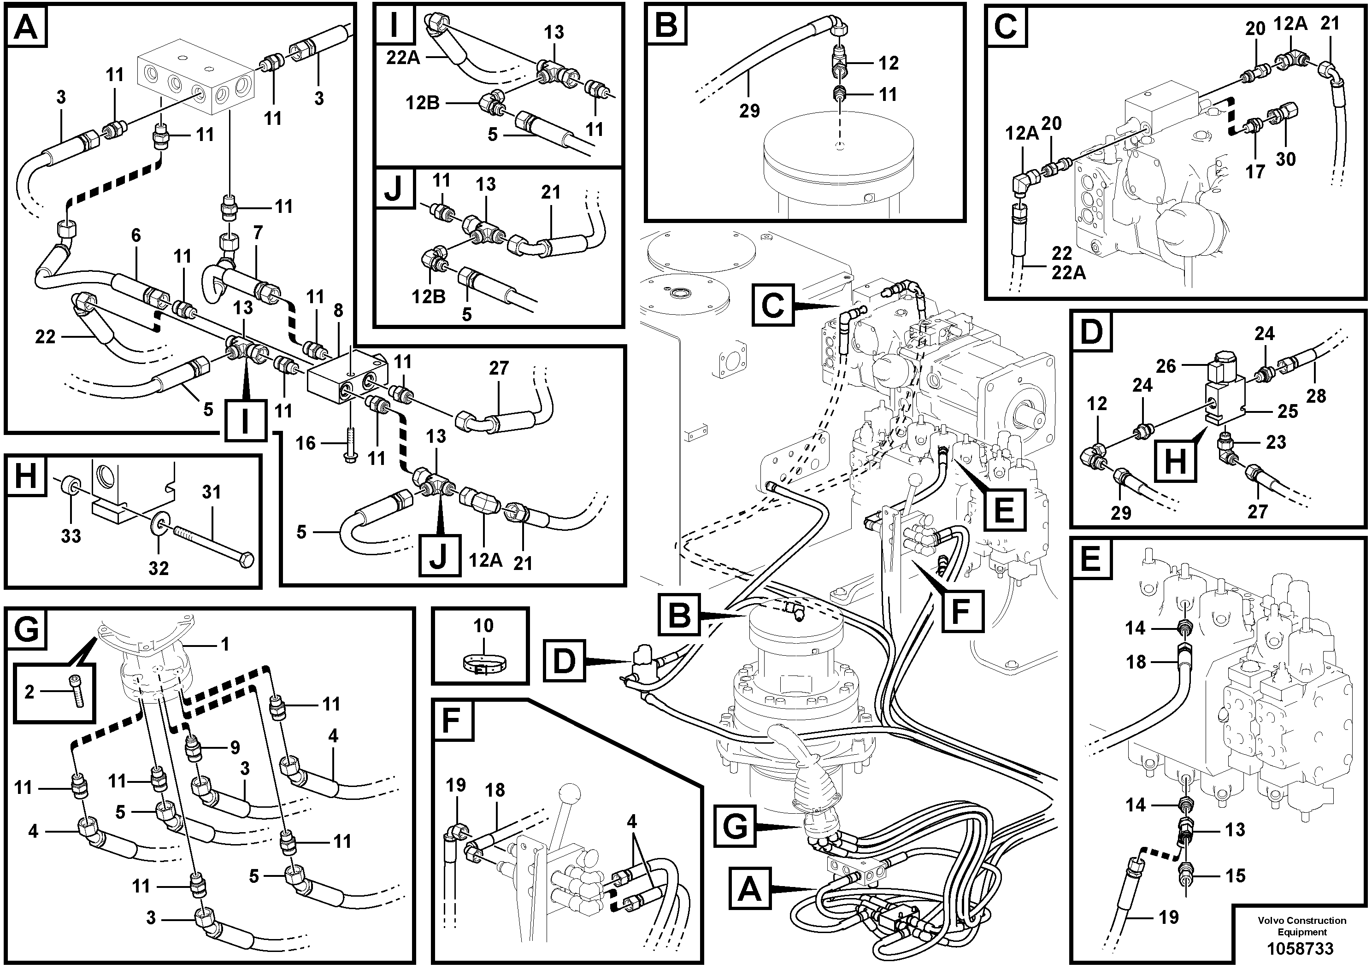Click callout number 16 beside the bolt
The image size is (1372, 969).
point(306,443)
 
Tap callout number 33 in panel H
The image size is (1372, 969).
point(71,536)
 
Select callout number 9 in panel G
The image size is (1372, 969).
point(235,747)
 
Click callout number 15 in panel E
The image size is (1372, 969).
point(1235,876)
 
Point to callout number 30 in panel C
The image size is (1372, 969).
point(1285,159)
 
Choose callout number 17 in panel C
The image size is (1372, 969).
point(1255,171)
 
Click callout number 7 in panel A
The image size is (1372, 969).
point(258,234)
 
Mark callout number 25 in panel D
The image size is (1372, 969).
point(1288,411)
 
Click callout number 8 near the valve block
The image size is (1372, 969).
point(338,310)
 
